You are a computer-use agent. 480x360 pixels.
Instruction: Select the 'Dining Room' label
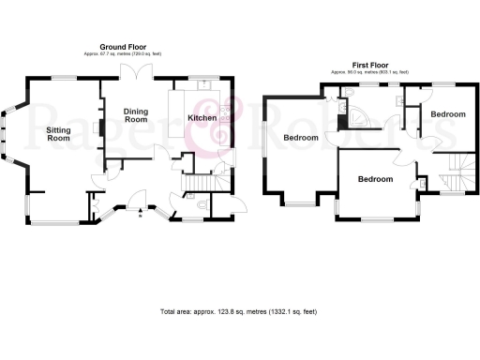click(136, 115)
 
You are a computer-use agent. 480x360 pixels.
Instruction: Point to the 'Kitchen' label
click(202, 118)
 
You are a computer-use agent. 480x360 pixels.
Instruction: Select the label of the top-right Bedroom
click(448, 113)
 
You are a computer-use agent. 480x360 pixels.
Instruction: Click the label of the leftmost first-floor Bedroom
click(300, 138)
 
